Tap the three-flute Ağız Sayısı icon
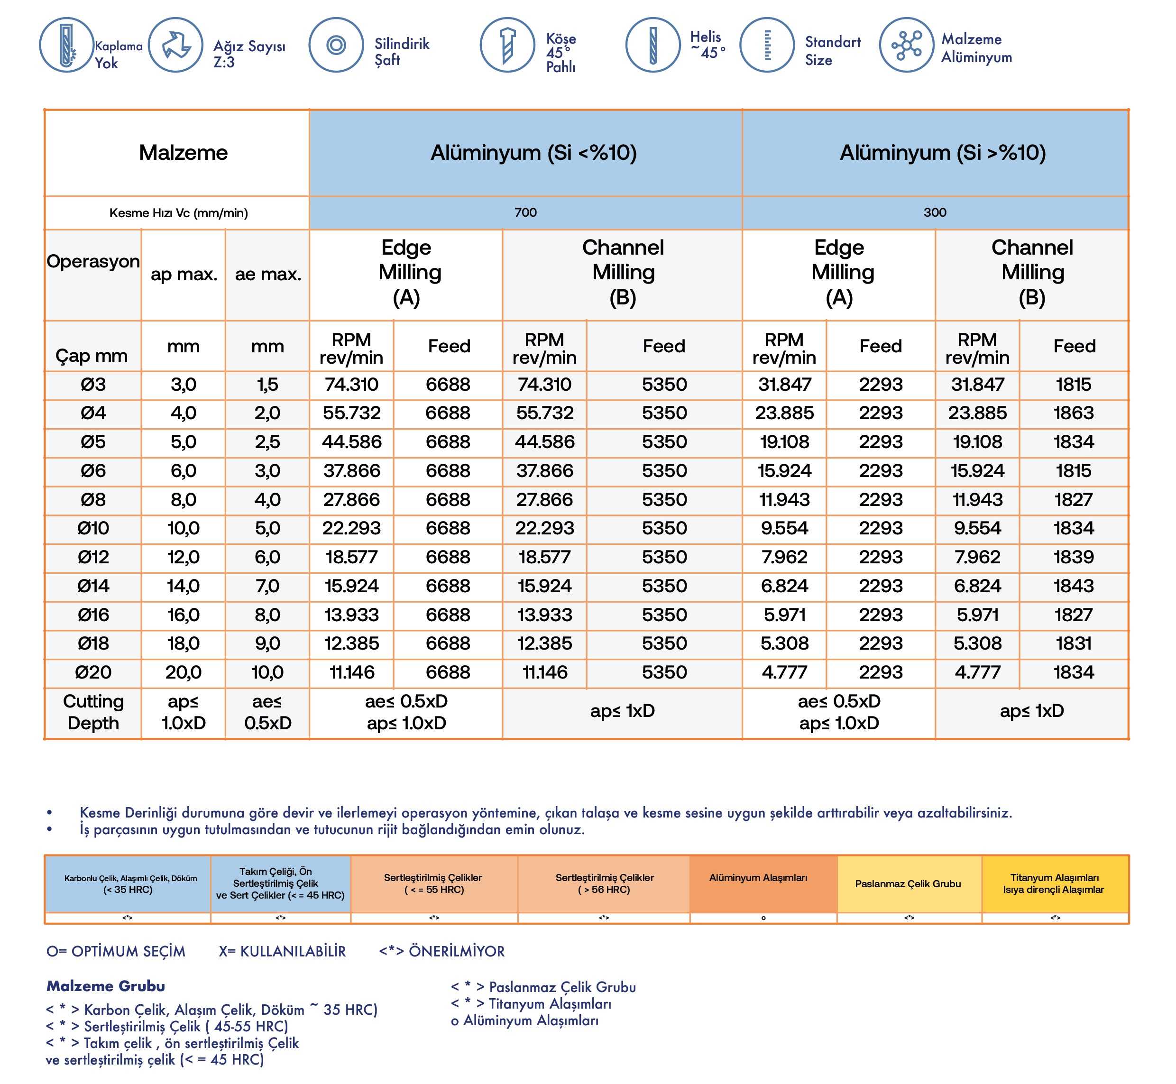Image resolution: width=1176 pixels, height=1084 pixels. [175, 45]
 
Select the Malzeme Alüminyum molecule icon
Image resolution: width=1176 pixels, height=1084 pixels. [906, 45]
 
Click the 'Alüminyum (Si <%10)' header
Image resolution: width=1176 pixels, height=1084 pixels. [533, 153]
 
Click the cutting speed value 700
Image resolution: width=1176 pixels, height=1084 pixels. [525, 212]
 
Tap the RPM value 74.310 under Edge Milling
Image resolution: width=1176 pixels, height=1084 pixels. [351, 385]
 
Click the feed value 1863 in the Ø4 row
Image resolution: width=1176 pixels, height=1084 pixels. [1074, 413]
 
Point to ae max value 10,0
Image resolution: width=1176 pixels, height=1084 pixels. [267, 672]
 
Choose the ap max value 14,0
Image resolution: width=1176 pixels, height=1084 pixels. [183, 586]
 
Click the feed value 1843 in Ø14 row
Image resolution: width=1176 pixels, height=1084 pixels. [1074, 586]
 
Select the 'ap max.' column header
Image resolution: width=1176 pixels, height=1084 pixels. [184, 274]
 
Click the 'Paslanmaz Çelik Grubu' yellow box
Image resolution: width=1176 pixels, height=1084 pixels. [908, 883]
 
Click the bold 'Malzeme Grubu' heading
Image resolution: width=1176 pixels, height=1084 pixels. [106, 986]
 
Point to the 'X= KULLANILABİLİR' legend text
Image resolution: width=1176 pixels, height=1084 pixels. [282, 951]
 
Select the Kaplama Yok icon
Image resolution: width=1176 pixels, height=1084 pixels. [66, 45]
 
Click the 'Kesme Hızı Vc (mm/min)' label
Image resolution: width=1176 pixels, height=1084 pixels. [178, 213]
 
